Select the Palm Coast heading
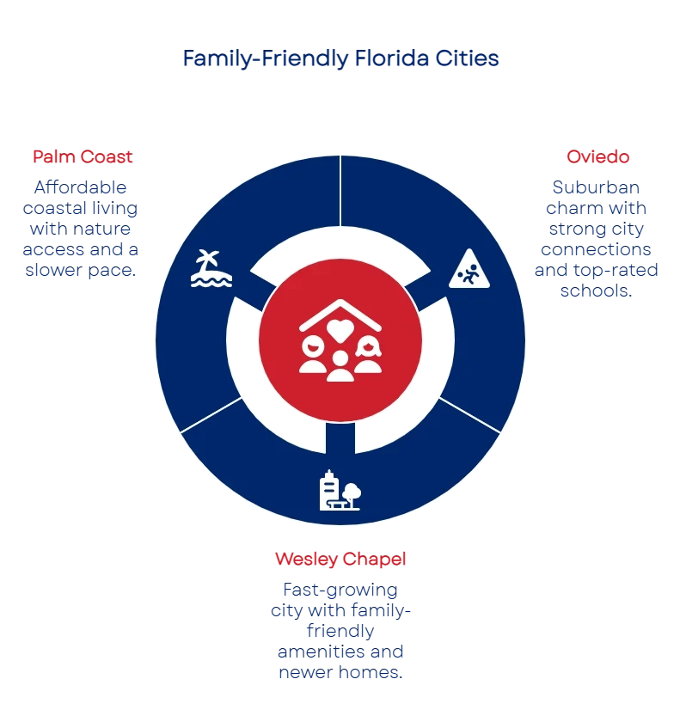(82, 156)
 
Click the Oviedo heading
(597, 156)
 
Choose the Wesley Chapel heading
(340, 560)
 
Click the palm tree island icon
(211, 268)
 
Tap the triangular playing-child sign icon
(469, 269)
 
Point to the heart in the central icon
(340, 328)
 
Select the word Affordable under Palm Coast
(82, 187)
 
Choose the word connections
(596, 250)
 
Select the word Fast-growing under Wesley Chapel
(340, 590)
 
